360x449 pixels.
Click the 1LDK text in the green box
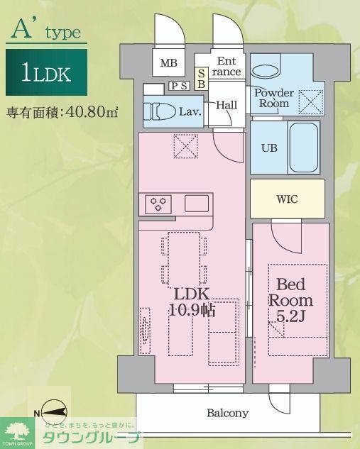46,73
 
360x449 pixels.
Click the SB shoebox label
202,77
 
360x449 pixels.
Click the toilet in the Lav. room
160,112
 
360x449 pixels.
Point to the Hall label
227,105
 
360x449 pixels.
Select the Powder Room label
273,98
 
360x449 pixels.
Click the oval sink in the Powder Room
266,71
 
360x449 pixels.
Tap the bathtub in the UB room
304,148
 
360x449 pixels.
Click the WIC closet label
287,199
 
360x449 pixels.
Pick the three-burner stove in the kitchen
158,204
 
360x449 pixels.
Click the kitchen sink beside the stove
197,204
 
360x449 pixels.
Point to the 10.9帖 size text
192,310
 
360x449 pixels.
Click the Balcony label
228,413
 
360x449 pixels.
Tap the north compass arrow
53,411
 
